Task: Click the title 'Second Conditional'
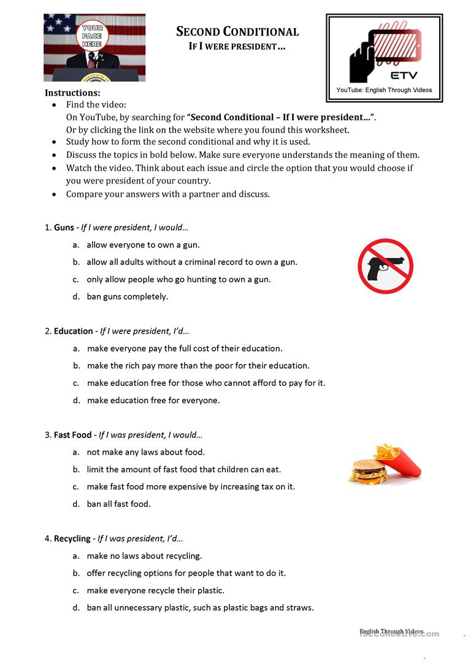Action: click(x=237, y=32)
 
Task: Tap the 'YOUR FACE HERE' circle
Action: click(x=92, y=36)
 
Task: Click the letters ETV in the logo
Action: click(x=404, y=75)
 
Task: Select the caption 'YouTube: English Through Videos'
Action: click(x=384, y=90)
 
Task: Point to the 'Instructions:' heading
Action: click(x=72, y=93)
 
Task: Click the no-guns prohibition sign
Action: click(x=385, y=266)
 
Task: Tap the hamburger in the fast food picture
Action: click(x=367, y=471)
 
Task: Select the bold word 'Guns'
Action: click(x=64, y=228)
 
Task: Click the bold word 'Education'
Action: click(x=74, y=331)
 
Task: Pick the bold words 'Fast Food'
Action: click(x=72, y=435)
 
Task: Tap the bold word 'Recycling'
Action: click(x=72, y=539)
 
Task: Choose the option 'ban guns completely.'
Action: click(x=127, y=297)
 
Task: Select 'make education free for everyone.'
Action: click(x=153, y=401)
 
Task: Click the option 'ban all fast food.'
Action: click(x=118, y=504)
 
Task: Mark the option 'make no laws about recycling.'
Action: click(x=144, y=556)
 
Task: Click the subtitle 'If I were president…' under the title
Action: click(x=237, y=47)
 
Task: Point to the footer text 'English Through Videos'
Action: click(x=391, y=631)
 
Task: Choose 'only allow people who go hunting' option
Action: click(x=178, y=280)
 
